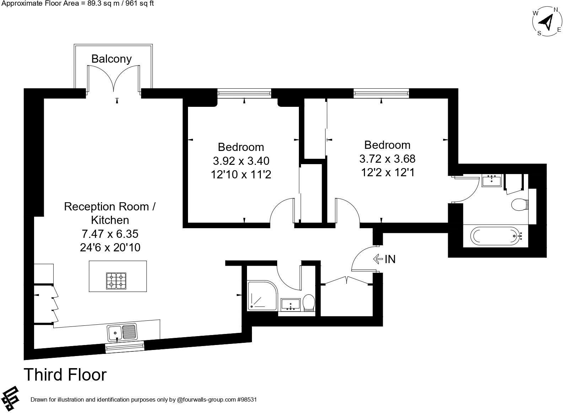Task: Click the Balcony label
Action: pyautogui.click(x=112, y=59)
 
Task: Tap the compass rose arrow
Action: pyautogui.click(x=546, y=23)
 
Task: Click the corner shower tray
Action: pyautogui.click(x=262, y=296)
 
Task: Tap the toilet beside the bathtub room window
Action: pyautogui.click(x=520, y=204)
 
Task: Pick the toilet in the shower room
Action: pyautogui.click(x=309, y=303)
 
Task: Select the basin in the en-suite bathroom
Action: pyautogui.click(x=491, y=181)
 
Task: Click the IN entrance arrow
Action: pyautogui.click(x=378, y=259)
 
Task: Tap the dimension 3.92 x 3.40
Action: pyautogui.click(x=241, y=161)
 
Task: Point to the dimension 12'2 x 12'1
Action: pyautogui.click(x=388, y=172)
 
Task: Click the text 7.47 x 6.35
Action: pyautogui.click(x=110, y=234)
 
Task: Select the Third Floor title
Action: pyautogui.click(x=65, y=375)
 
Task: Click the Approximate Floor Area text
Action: pyautogui.click(x=77, y=4)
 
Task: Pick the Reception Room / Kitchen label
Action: pyautogui.click(x=110, y=213)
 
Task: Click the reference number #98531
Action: pyautogui.click(x=247, y=399)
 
